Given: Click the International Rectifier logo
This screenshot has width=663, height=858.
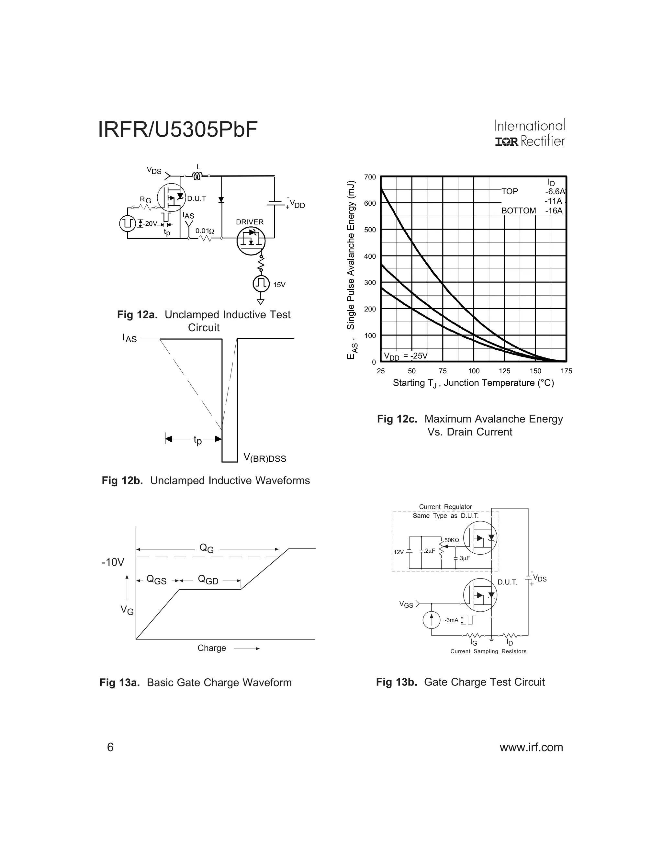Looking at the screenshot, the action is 530,133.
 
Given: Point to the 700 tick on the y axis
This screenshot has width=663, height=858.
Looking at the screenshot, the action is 370,177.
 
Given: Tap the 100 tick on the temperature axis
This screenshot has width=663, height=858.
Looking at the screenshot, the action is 474,371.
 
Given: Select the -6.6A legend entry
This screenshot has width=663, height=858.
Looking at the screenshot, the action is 555,191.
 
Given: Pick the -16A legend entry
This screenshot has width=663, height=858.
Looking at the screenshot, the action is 554,210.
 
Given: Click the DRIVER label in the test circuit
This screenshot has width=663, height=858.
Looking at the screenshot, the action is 250,222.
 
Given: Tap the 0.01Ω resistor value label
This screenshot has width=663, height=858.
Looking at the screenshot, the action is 205,231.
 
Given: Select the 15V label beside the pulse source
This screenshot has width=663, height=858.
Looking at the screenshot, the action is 279,284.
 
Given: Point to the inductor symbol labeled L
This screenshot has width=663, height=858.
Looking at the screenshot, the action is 197,176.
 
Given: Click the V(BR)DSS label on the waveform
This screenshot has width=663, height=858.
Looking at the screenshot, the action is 265,458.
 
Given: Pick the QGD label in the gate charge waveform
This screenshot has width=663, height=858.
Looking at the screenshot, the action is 208,580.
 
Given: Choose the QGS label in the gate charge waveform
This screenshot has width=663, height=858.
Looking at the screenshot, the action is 156,580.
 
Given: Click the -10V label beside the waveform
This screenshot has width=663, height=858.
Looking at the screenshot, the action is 113,562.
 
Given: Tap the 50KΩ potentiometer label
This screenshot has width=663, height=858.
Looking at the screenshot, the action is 452,540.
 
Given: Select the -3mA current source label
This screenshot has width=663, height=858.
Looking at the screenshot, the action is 451,620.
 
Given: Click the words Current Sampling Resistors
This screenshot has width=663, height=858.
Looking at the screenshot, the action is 488,651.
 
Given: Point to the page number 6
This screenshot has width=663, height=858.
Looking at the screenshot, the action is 110,747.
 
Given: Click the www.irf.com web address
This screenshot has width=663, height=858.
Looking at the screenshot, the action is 531,747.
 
